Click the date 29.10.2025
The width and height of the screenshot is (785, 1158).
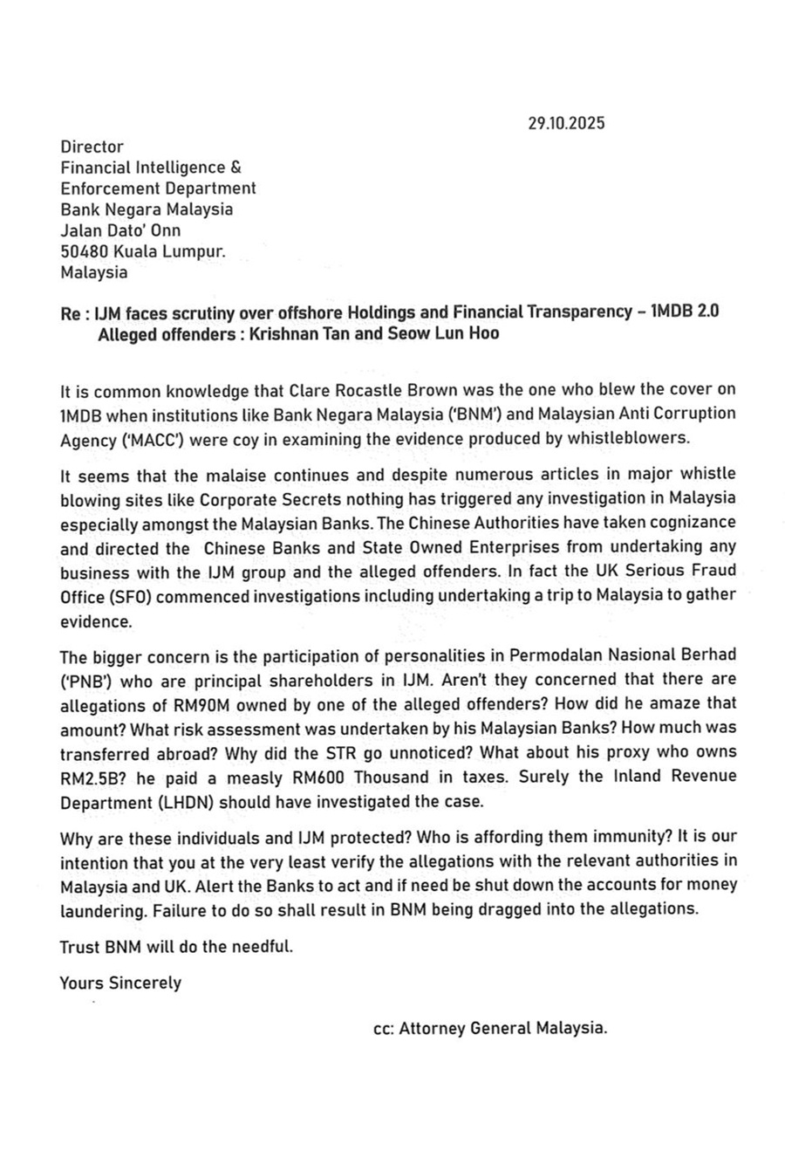[x=566, y=123]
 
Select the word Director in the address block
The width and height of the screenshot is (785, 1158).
[x=92, y=147]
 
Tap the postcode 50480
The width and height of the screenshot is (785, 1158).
[x=84, y=251]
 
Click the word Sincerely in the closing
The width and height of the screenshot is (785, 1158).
[x=145, y=983]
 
